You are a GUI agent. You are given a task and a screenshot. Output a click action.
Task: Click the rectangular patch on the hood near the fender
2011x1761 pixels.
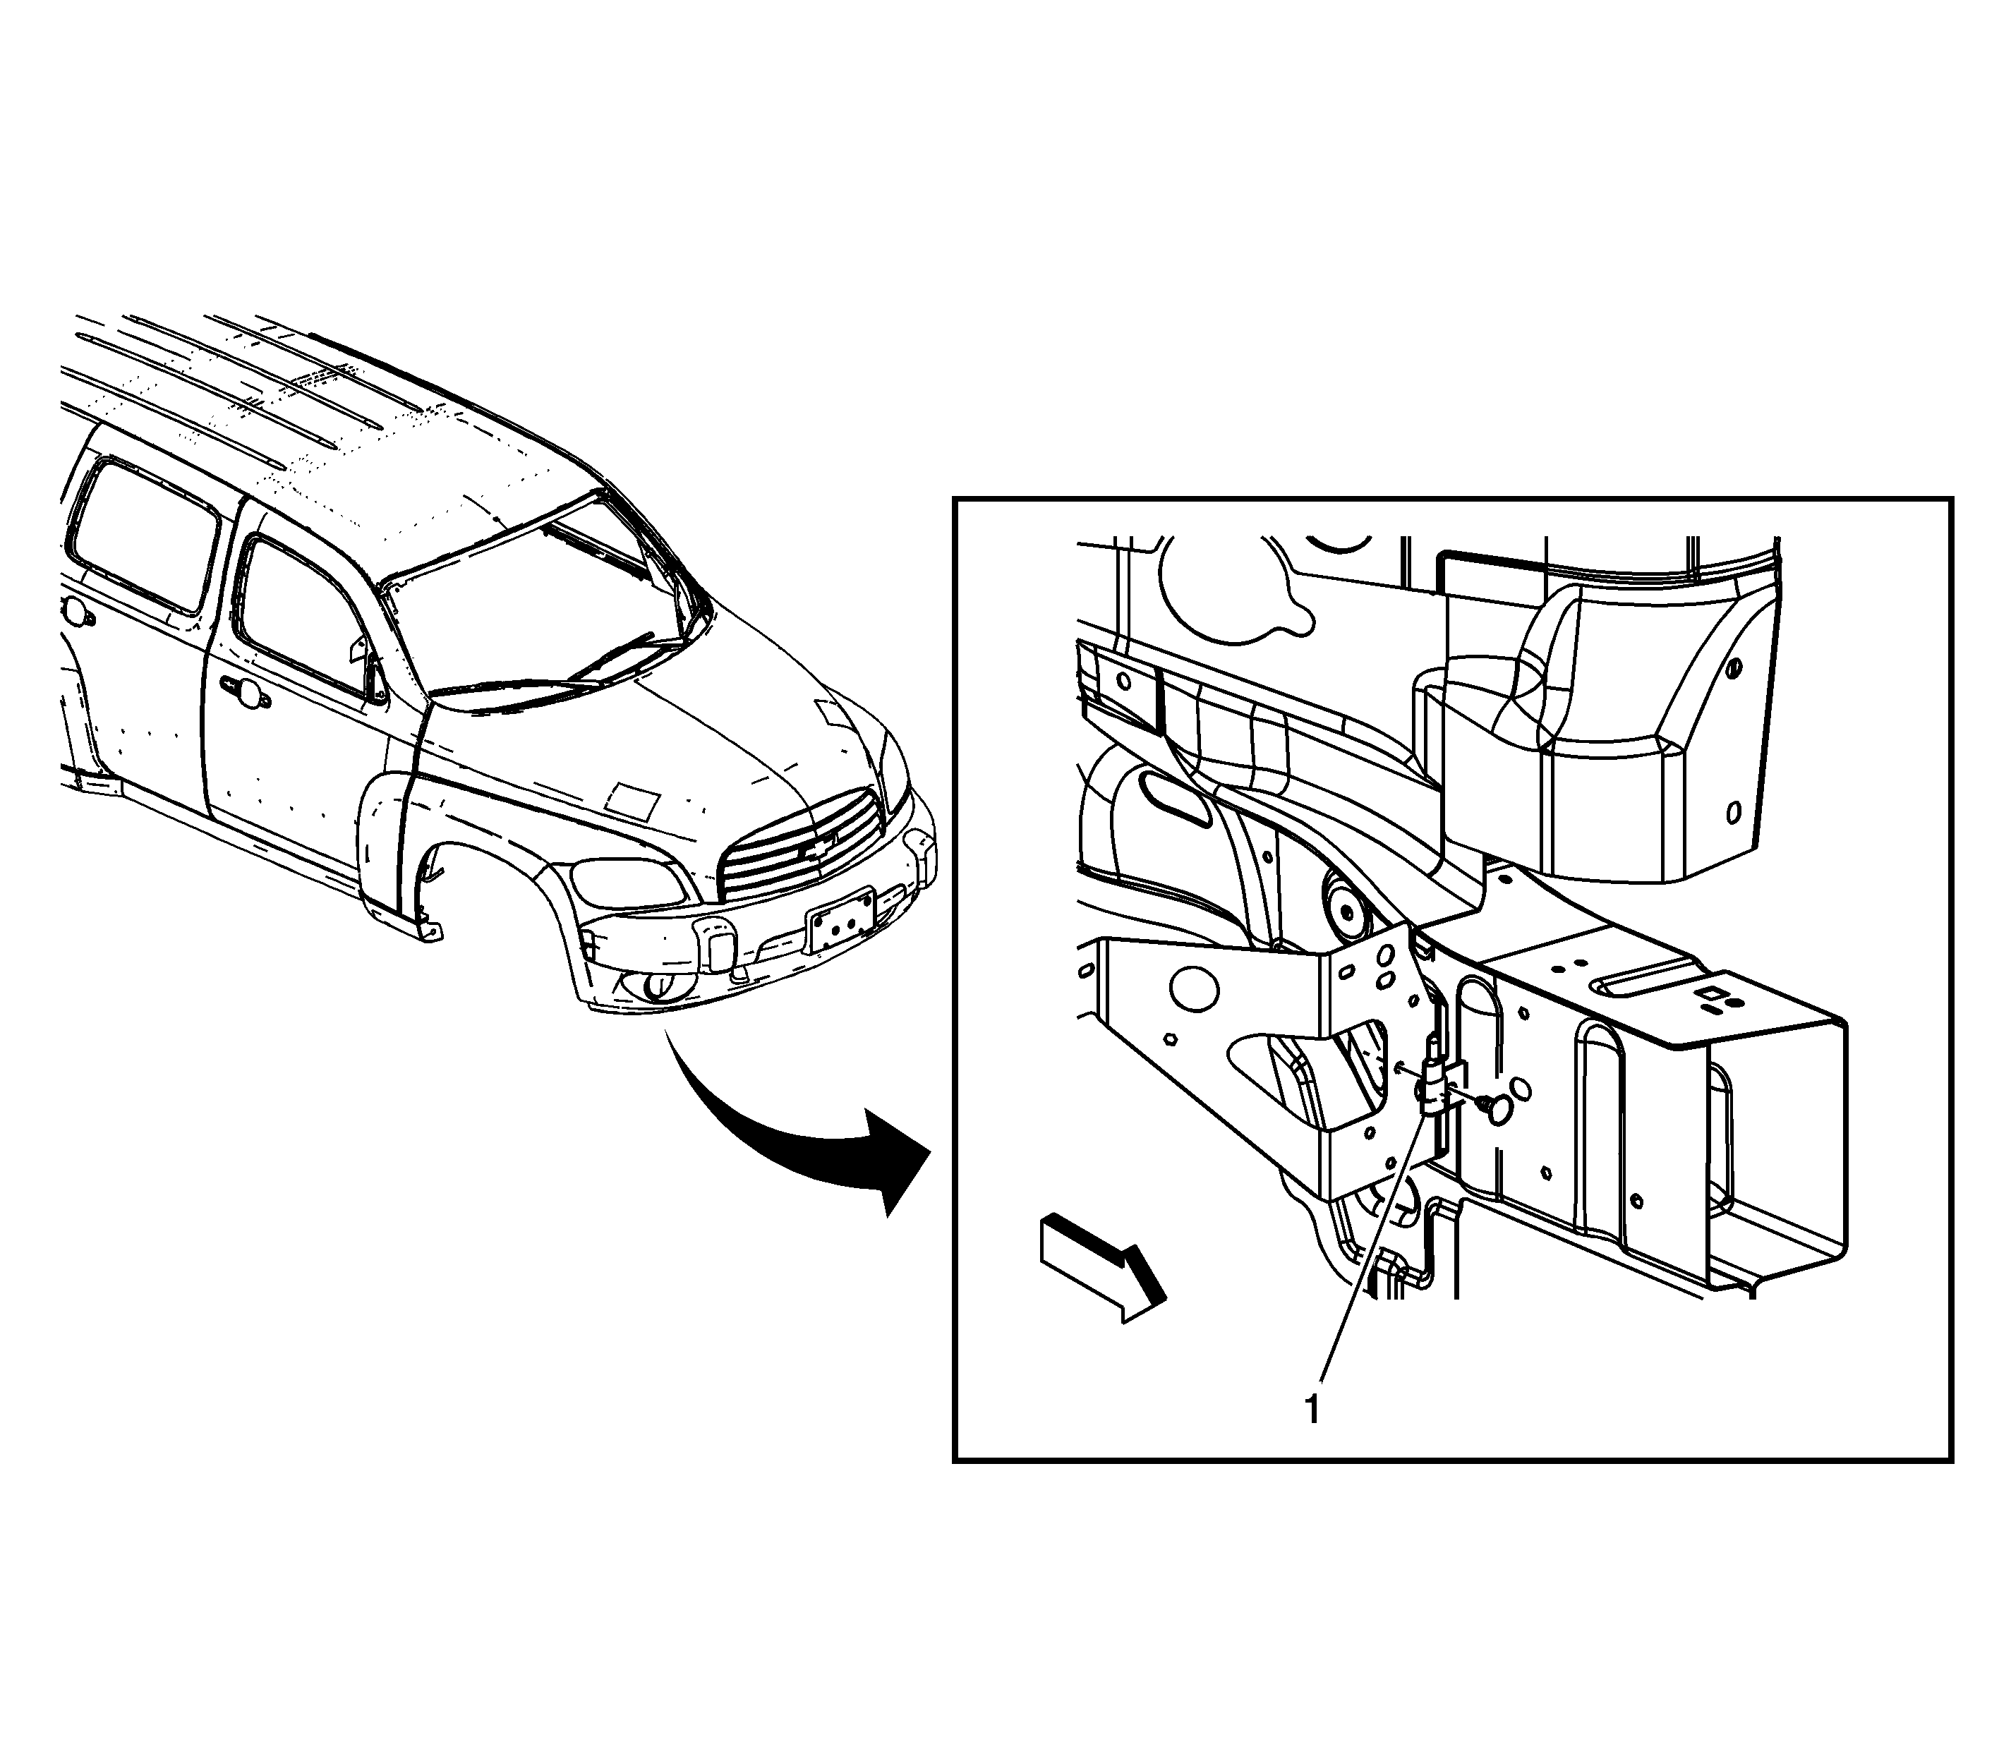coord(632,801)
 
